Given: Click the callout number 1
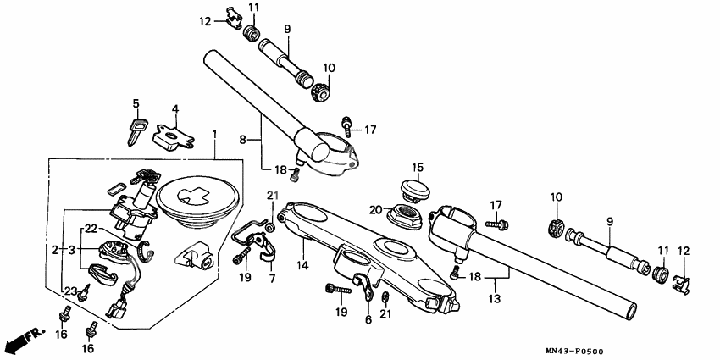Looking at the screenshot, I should click(x=214, y=135).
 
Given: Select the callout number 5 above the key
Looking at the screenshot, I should click(x=135, y=104).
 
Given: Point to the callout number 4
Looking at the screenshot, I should click(x=175, y=108).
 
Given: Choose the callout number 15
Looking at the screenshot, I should click(x=417, y=166).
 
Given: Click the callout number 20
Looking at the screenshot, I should click(x=375, y=208).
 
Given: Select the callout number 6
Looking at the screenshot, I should click(x=368, y=319).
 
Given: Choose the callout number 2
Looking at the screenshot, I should click(x=55, y=250).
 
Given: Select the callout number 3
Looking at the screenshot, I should click(x=72, y=250).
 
